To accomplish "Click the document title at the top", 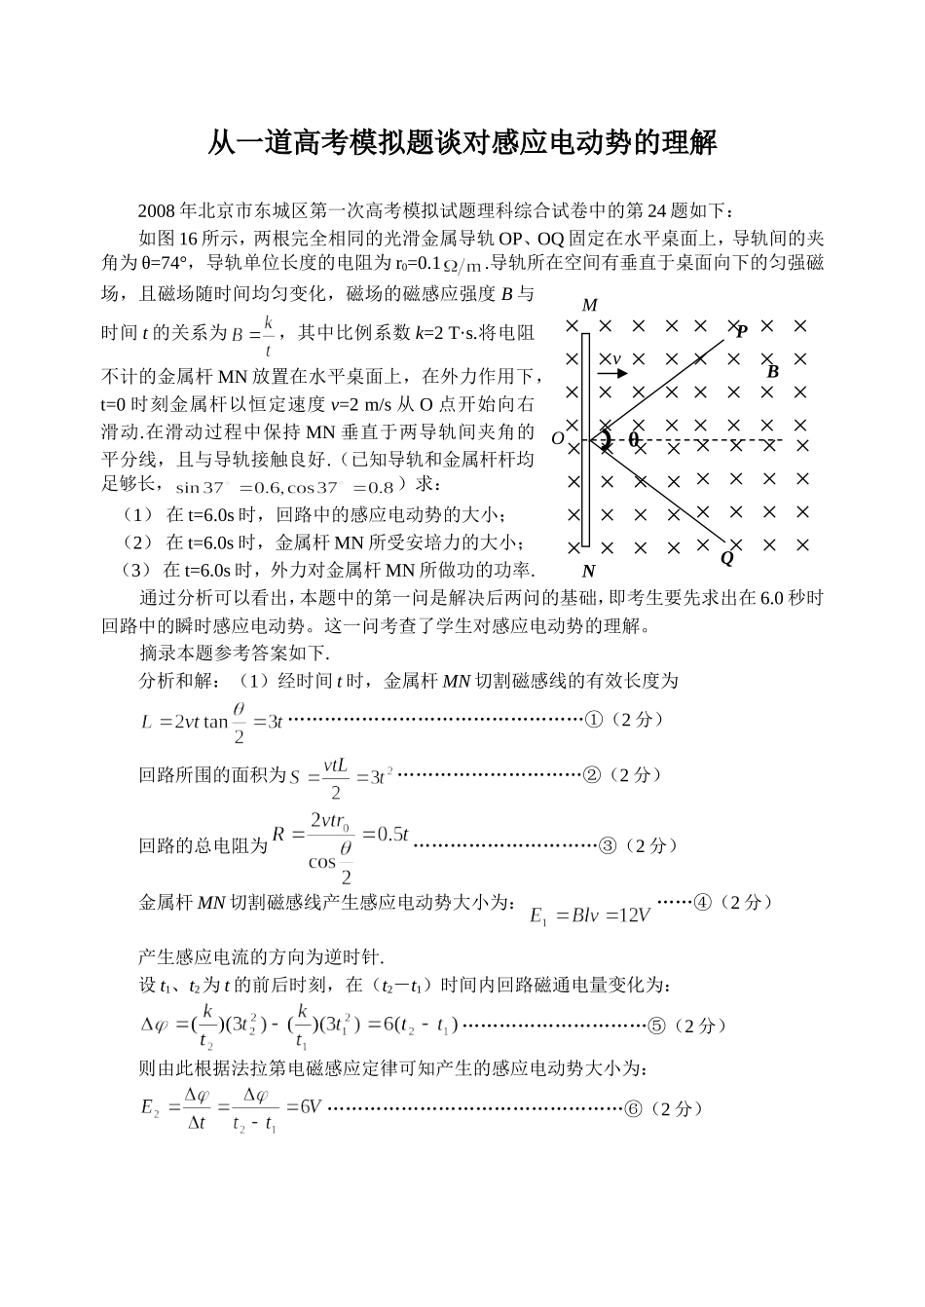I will [x=462, y=143].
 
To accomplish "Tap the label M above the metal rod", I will [x=589, y=306].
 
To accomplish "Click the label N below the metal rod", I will [x=588, y=572].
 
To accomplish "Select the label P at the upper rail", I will [x=742, y=331].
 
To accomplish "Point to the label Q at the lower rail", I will [x=726, y=559].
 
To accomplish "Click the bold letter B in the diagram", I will [x=773, y=371].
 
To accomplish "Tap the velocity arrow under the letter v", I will [x=612, y=373].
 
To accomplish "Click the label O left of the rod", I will [x=558, y=439].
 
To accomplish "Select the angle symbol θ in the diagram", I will [x=634, y=439].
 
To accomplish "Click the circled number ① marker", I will [x=593, y=720].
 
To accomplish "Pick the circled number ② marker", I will [x=591, y=775].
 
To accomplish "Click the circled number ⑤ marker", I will [x=657, y=1025].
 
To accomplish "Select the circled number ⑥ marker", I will [x=633, y=1108].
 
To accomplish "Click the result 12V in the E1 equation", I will [x=633, y=915].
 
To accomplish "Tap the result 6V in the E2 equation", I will [x=310, y=1108].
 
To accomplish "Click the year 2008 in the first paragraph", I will [x=156, y=210].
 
